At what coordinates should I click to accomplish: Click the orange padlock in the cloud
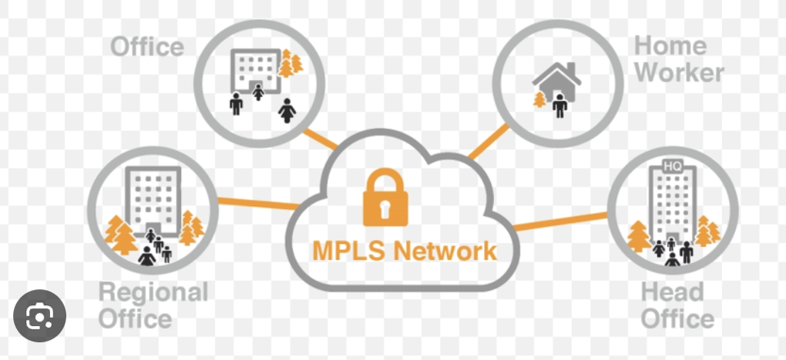(x=385, y=197)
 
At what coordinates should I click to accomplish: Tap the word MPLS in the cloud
(x=349, y=251)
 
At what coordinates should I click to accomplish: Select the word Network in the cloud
(x=444, y=251)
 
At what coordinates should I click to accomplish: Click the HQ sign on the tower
(x=672, y=167)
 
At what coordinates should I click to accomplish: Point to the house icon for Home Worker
(x=557, y=83)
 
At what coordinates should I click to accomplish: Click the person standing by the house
(x=560, y=106)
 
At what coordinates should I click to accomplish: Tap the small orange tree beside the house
(x=539, y=99)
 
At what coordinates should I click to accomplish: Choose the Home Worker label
(x=679, y=59)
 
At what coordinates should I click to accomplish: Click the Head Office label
(x=678, y=305)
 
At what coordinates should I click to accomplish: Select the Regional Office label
(x=154, y=305)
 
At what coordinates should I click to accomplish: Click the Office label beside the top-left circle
(x=147, y=46)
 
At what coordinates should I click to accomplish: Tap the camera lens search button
(x=40, y=316)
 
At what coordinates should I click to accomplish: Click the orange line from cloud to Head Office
(x=561, y=221)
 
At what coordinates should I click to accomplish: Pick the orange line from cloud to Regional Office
(x=258, y=205)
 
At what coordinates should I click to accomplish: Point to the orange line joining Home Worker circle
(x=489, y=141)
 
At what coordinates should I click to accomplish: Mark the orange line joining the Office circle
(x=320, y=139)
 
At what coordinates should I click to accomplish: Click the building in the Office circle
(x=254, y=70)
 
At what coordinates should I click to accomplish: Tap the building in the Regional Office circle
(x=153, y=201)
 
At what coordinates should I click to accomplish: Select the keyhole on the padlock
(x=385, y=208)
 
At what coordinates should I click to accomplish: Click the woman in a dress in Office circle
(x=287, y=110)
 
